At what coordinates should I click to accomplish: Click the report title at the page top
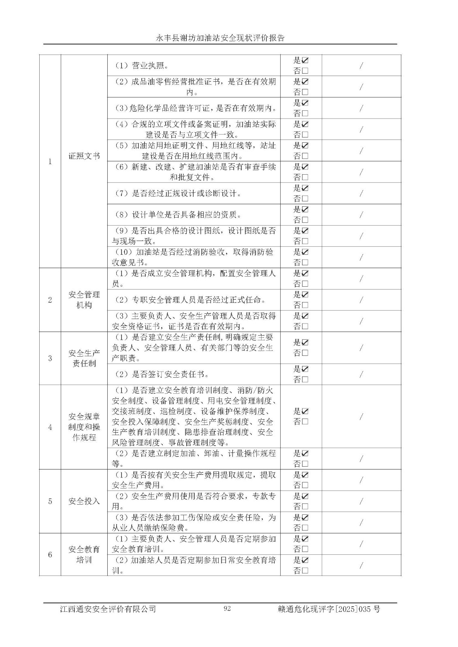click(x=220, y=38)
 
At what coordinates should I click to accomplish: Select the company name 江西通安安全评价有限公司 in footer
click(x=108, y=609)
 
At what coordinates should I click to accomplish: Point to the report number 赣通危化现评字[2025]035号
click(x=329, y=609)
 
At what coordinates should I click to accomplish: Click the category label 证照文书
click(x=84, y=156)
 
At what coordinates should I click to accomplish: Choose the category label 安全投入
click(x=84, y=501)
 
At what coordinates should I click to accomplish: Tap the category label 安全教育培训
click(x=84, y=555)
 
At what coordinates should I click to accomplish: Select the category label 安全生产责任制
click(x=84, y=358)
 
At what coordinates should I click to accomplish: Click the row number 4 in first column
click(x=50, y=427)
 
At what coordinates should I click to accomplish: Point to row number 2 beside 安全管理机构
click(x=50, y=300)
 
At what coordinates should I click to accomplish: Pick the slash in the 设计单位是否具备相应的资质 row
click(x=361, y=215)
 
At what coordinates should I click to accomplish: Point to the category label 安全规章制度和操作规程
click(x=84, y=427)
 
